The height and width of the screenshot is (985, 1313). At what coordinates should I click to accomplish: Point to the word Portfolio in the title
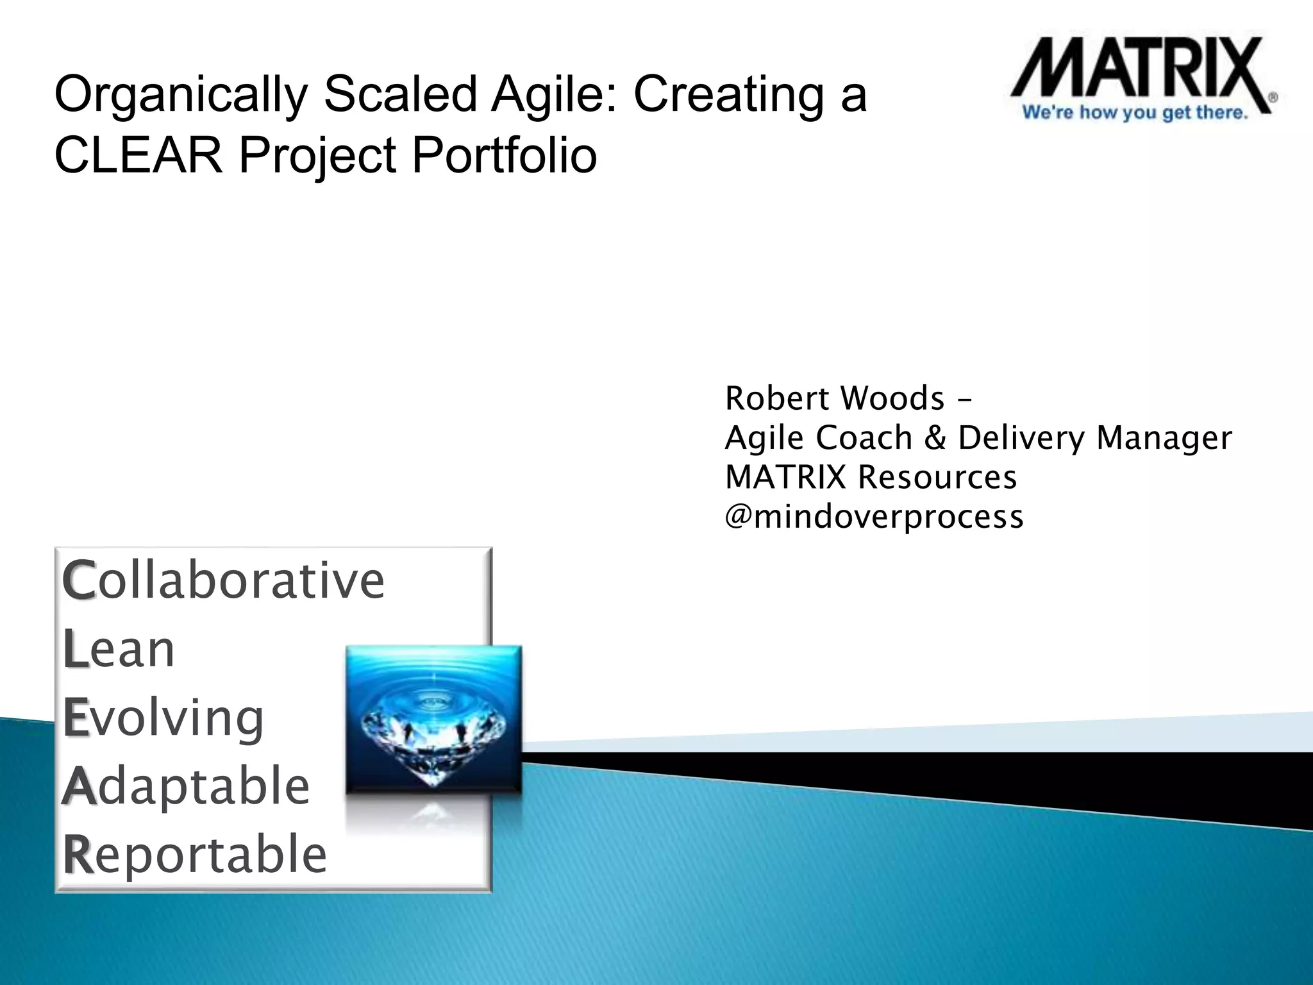504,156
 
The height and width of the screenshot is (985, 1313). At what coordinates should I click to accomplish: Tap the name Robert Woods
834,398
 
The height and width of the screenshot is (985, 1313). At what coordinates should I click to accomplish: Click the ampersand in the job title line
935,438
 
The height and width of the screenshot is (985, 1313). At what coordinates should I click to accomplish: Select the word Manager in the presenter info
1164,438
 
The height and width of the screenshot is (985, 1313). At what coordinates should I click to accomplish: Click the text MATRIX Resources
870,477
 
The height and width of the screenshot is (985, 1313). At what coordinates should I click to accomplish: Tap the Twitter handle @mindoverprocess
873,517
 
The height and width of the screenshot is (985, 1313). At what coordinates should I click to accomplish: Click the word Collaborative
223,580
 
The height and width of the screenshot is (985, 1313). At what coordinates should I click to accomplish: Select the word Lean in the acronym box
119,649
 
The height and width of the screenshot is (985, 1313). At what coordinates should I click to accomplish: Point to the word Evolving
163,718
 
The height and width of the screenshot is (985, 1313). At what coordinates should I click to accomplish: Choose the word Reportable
195,854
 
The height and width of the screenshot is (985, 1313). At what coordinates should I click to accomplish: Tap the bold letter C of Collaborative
78,580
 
